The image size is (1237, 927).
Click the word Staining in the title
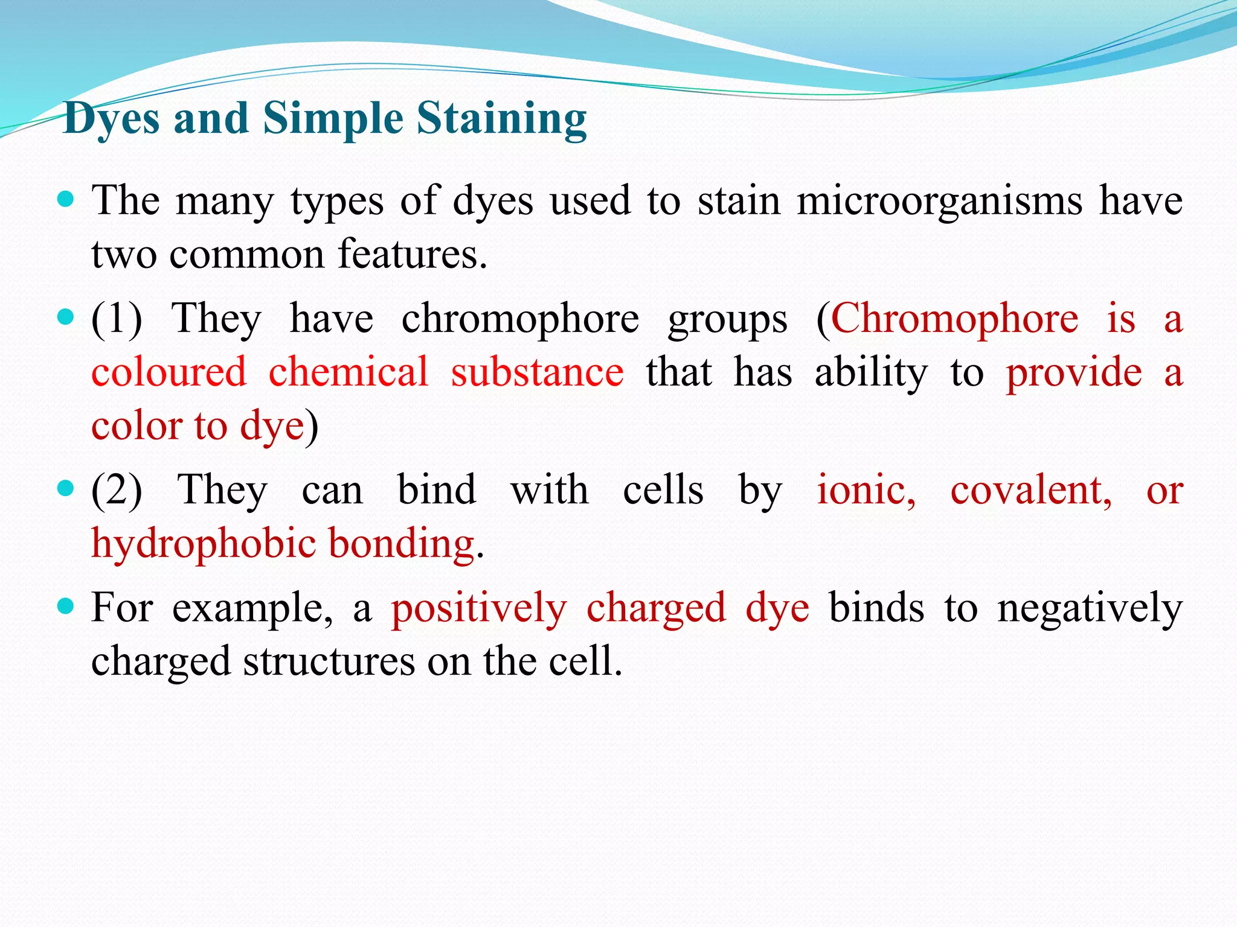[x=501, y=118]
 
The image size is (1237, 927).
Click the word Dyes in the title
[x=112, y=118]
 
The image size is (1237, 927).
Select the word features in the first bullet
[x=412, y=254]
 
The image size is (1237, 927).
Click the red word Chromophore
[x=955, y=319]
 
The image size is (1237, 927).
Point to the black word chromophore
[x=520, y=319]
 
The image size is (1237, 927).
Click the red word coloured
[x=169, y=372]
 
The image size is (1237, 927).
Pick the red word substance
[x=537, y=372]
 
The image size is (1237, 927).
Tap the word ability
[x=870, y=372]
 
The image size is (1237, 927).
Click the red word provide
[x=1073, y=372]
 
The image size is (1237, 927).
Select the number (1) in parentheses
[x=117, y=319]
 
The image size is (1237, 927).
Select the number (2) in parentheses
[x=117, y=489]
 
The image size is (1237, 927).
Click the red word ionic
[x=866, y=489]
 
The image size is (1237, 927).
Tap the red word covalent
[x=1030, y=489]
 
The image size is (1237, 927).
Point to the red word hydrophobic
[x=204, y=543]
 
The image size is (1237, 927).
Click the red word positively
[x=479, y=608]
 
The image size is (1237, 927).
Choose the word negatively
[x=1090, y=608]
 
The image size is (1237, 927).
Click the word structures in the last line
[x=329, y=661]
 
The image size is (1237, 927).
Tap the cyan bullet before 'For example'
[x=65, y=605]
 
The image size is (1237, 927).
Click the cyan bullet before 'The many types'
[x=65, y=199]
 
